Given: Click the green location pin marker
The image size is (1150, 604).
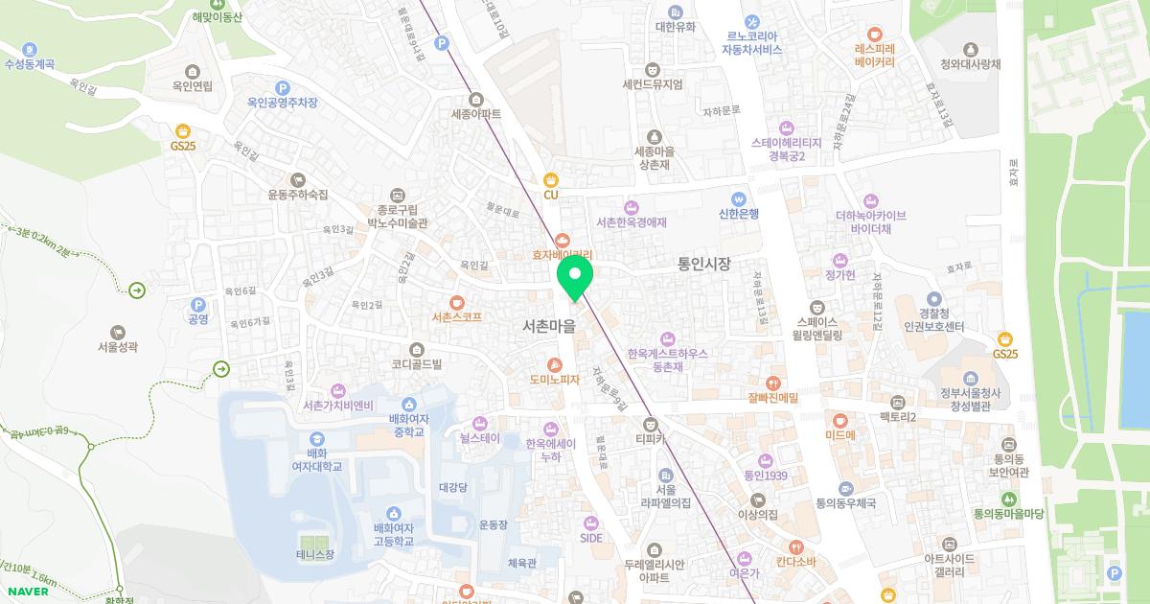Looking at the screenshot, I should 575,276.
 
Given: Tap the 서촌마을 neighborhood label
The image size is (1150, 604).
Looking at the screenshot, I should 550,326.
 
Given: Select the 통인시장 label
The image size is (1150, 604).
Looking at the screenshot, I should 703,264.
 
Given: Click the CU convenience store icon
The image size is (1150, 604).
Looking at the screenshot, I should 550,179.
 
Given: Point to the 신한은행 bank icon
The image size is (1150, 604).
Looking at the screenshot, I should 738,198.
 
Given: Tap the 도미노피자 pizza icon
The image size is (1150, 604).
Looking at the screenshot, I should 555,364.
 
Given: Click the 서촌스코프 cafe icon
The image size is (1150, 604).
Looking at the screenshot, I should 456,301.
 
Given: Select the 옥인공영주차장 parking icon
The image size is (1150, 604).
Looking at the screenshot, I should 282,87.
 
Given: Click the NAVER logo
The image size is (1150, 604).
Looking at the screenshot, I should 29,592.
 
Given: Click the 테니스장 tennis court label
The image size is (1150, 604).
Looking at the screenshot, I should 315,554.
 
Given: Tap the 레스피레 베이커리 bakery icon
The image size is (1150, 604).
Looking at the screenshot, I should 874,32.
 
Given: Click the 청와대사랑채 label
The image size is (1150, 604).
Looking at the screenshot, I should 970,64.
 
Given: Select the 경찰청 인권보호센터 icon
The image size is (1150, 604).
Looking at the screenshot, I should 934,298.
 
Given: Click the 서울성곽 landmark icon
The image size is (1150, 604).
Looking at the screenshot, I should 118,332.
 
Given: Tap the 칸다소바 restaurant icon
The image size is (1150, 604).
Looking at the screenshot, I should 795,547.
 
